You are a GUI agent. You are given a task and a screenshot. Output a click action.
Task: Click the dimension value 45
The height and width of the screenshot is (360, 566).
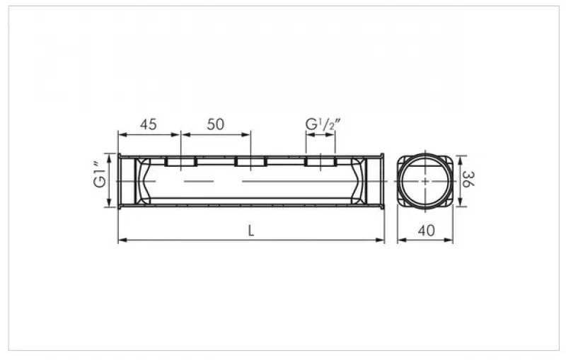point(149,124)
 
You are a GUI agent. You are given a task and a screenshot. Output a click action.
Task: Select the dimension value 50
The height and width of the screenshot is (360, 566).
point(216,124)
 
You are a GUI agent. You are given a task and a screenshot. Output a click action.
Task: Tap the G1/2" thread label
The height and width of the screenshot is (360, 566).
point(323,124)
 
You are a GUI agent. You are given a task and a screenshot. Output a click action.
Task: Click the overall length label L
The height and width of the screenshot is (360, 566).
point(251,231)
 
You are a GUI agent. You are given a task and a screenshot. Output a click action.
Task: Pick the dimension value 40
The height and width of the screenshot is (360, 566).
point(427,231)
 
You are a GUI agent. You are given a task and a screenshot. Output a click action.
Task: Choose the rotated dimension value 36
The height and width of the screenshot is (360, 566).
point(468,179)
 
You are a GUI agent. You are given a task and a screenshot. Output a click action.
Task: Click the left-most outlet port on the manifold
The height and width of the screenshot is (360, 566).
point(180,161)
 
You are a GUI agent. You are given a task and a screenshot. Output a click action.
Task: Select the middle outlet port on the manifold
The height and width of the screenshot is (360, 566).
point(250,161)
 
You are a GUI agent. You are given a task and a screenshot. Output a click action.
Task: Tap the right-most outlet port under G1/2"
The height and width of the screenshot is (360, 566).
point(320,161)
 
